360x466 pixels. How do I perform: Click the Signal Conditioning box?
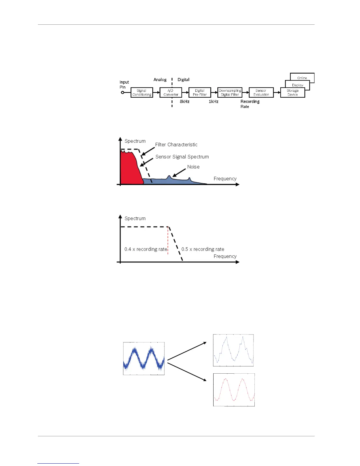pos(142,93)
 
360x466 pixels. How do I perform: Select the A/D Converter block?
pos(171,93)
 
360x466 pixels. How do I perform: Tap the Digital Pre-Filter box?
pos(200,93)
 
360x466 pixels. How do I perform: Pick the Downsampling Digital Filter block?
pos(230,93)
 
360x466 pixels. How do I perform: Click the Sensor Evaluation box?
pos(261,93)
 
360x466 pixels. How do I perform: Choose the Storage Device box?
pos(292,93)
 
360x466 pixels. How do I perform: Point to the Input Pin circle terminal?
pos(123,93)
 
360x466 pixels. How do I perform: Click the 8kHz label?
pos(185,101)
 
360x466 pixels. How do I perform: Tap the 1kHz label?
pos(214,101)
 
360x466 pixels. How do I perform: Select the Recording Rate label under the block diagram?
pos(250,104)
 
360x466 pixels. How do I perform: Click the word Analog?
pos(160,80)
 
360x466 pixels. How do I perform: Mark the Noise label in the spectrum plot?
pos(193,167)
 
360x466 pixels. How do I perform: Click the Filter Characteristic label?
pos(176,144)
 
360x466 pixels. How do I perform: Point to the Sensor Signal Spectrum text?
pos(182,157)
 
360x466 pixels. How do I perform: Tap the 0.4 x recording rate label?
pos(146,249)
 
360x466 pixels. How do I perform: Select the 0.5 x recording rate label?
pos(203,249)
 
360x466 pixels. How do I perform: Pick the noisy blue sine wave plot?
pos(144,358)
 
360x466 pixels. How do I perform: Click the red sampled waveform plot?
pos(234,390)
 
